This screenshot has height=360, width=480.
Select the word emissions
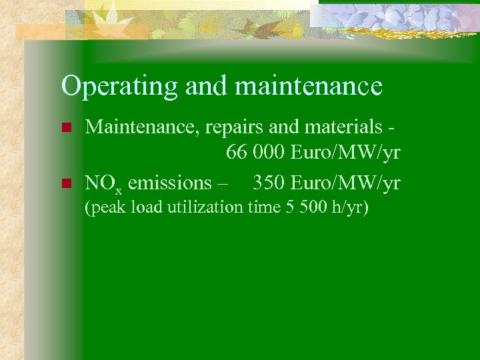(x=169, y=182)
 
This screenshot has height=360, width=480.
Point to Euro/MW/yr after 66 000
(x=345, y=153)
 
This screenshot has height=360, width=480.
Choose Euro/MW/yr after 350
(x=345, y=182)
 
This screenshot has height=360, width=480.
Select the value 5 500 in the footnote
(x=301, y=207)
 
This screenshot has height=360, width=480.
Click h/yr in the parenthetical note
(x=349, y=208)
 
